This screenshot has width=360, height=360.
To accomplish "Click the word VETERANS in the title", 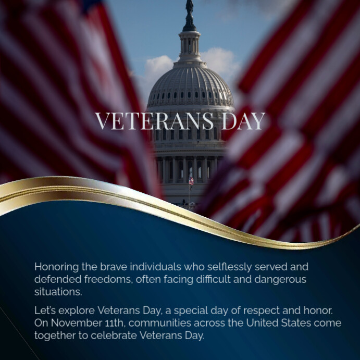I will tap(154, 121).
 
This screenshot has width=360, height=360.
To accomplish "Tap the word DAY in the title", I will tap(243, 121).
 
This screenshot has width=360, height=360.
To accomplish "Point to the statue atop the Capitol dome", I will tap(190, 7).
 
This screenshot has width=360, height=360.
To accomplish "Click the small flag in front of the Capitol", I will tap(191, 181).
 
